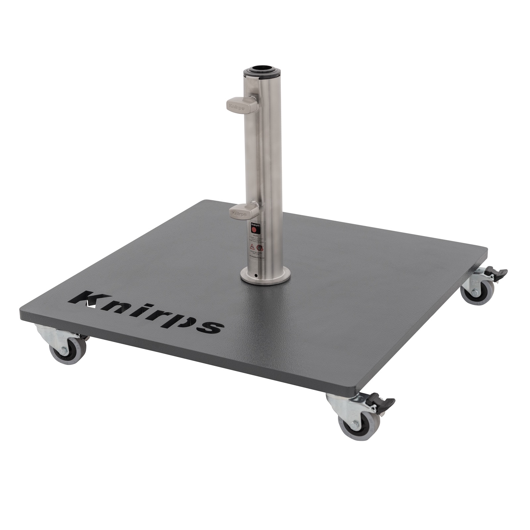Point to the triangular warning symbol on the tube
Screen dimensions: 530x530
[x=253, y=246]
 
